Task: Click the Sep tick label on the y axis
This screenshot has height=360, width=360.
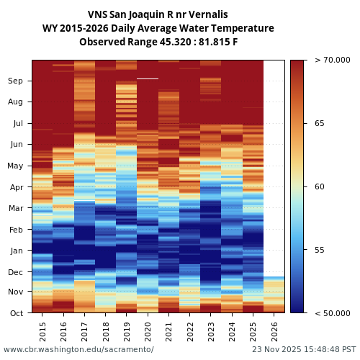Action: click(x=15, y=81)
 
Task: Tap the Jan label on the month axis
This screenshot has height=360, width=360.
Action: click(x=15, y=251)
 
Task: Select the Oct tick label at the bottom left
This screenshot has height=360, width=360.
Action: click(x=15, y=313)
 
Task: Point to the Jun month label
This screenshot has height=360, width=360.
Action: click(x=15, y=145)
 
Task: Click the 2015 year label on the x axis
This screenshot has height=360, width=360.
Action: click(x=42, y=332)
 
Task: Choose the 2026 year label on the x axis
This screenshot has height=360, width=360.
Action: click(x=274, y=332)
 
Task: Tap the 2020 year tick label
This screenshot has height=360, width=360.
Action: click(x=148, y=332)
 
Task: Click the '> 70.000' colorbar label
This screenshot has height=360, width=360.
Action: click(x=332, y=60)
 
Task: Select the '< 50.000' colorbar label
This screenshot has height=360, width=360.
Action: click(x=332, y=313)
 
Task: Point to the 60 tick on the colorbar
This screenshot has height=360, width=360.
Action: click(x=319, y=187)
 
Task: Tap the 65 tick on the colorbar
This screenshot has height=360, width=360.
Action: click(x=319, y=124)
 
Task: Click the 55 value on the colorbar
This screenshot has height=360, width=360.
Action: click(x=319, y=251)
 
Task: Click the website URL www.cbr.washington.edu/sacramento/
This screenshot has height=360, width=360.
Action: click(x=78, y=349)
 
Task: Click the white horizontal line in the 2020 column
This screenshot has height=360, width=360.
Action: click(x=148, y=78)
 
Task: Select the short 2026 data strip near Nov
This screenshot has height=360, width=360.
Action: click(x=274, y=294)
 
